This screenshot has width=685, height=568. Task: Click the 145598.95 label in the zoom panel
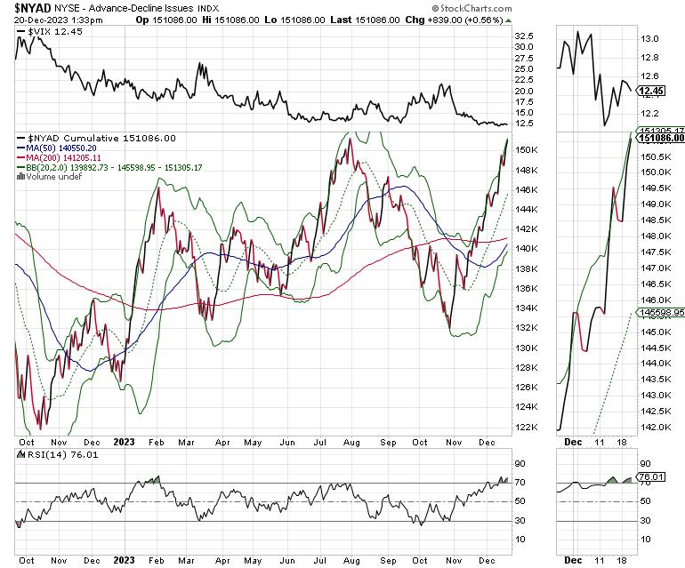660,313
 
